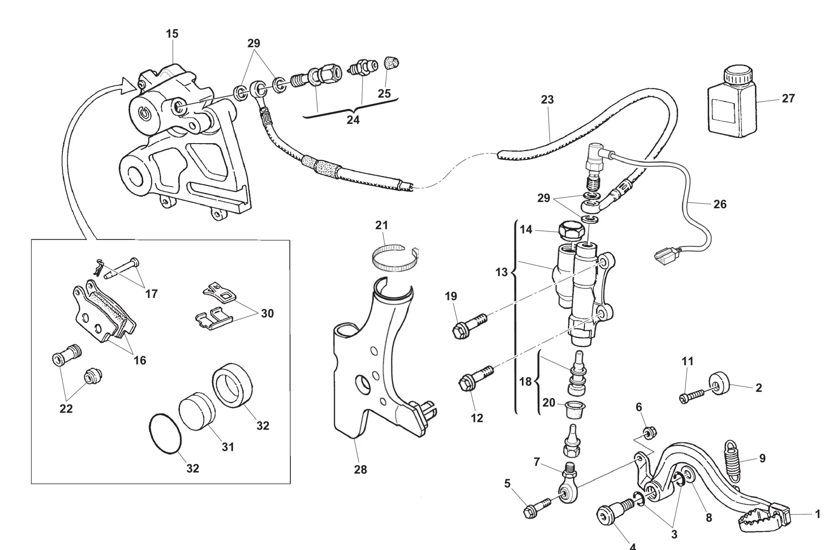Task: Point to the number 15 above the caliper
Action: (172, 33)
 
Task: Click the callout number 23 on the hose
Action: (547, 100)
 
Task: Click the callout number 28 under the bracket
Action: (360, 470)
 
